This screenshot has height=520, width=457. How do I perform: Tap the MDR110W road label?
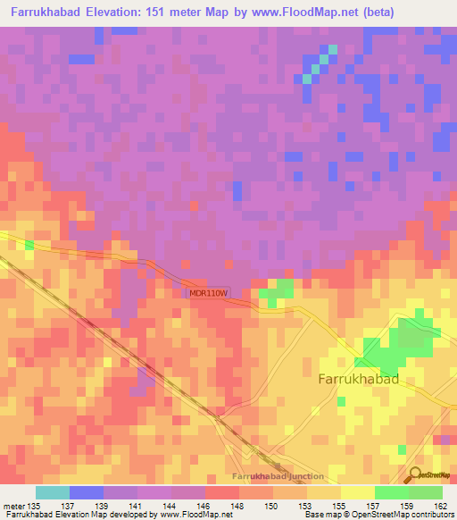tap(210, 293)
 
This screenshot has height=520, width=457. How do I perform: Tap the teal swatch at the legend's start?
tap(53, 492)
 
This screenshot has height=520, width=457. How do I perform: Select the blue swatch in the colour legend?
tap(87, 492)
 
